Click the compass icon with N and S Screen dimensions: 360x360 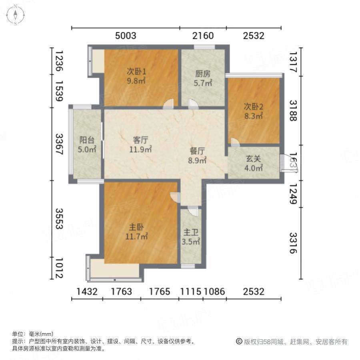point(15,15)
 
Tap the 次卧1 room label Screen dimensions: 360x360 point(136,72)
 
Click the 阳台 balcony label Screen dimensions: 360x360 point(87,140)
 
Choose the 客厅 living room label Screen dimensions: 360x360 point(141,140)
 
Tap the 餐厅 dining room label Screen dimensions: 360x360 point(198,152)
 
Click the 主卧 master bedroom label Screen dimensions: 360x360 point(136,227)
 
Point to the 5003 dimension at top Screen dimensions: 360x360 point(126,36)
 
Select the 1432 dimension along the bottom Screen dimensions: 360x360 point(87,292)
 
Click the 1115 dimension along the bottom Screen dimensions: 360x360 point(190,292)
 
